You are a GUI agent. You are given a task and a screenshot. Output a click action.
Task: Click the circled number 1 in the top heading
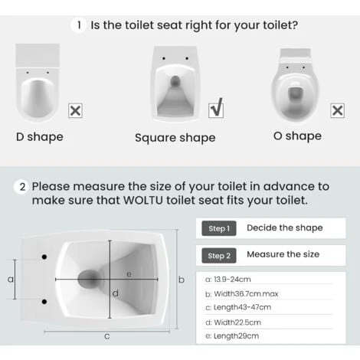point(79,25)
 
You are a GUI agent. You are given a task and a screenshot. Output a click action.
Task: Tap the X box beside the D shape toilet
point(75,110)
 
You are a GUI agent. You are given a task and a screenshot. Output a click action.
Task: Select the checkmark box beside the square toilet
point(216,110)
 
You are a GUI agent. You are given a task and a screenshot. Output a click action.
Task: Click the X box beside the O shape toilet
point(336,110)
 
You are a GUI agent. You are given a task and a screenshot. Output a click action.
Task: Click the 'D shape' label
point(40,137)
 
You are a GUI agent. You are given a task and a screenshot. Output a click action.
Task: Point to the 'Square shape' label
point(175,138)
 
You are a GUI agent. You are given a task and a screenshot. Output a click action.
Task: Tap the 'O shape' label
point(297,136)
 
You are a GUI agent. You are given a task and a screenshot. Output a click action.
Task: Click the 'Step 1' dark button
point(218,228)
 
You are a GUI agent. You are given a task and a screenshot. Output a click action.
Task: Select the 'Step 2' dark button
point(218,255)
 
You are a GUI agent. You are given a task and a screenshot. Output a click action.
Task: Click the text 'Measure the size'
point(283,254)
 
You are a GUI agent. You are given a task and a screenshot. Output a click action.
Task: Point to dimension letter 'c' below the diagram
point(107,336)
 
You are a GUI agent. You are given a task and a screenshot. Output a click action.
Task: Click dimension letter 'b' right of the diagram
point(182,280)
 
